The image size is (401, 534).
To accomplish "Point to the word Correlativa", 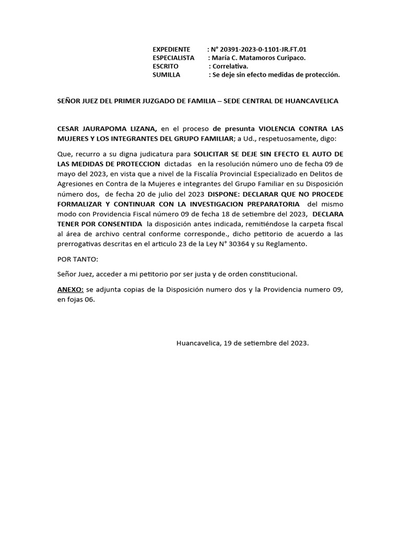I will [230, 66].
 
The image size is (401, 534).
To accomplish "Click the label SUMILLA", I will [166, 75].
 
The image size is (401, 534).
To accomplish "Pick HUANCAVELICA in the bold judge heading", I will [308, 101].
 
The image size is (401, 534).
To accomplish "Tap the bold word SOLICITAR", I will [212, 154].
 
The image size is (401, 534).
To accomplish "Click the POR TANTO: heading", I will [77, 259].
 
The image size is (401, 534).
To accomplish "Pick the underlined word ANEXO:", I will [70, 289].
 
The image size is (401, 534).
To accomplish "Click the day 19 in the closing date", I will [227, 343].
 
